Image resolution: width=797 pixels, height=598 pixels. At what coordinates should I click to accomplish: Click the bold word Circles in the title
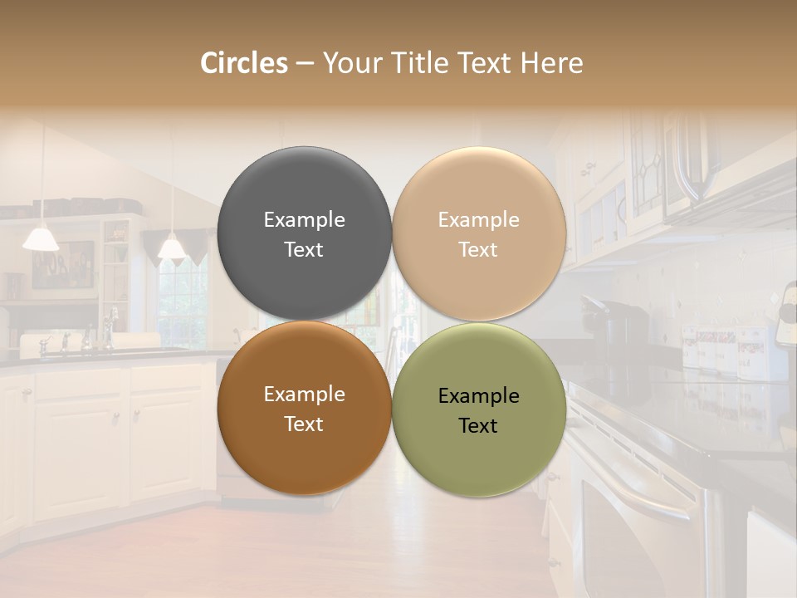pyautogui.click(x=244, y=63)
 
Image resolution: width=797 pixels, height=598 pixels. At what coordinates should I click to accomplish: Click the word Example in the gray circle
pyautogui.click(x=304, y=219)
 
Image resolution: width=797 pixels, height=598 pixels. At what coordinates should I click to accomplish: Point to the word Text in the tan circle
pyautogui.click(x=478, y=249)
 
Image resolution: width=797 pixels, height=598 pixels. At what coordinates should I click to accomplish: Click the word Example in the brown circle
pyautogui.click(x=304, y=394)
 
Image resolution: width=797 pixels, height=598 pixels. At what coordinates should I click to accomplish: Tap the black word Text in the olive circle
pyautogui.click(x=478, y=425)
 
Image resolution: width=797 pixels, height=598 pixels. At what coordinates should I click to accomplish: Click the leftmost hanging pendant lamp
pyautogui.click(x=41, y=238)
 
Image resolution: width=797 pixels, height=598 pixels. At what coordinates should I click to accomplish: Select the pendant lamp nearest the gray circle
pyautogui.click(x=172, y=247)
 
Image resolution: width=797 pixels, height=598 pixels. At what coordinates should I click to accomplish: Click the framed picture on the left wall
pyautogui.click(x=75, y=264)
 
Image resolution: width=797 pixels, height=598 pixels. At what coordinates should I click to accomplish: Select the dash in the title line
pyautogui.click(x=305, y=64)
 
